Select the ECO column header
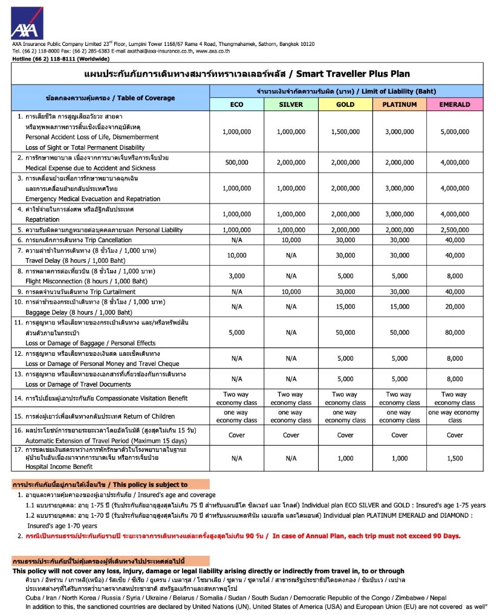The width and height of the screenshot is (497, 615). click(x=236, y=104)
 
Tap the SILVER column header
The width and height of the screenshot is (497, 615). click(x=291, y=104)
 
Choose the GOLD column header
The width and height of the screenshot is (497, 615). click(x=345, y=104)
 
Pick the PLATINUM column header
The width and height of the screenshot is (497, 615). click(x=400, y=104)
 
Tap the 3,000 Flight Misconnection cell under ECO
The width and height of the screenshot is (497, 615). click(x=236, y=276)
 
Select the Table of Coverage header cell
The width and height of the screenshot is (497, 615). click(x=111, y=98)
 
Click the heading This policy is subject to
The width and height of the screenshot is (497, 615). click(x=110, y=485)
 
